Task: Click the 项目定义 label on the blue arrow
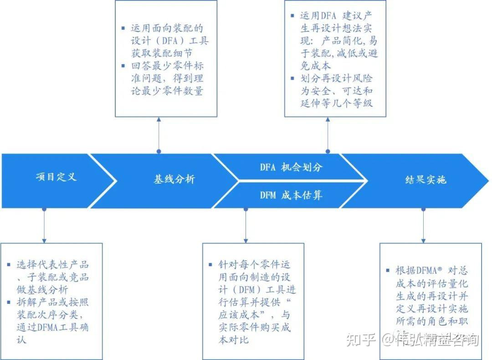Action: (56, 177)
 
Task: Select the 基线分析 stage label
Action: (174, 180)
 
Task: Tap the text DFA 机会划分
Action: (291, 167)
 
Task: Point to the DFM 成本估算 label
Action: (291, 195)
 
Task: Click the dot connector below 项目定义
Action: (44, 209)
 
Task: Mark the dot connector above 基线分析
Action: (159, 151)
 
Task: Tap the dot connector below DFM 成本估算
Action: (246, 209)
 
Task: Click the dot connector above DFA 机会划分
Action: (328, 151)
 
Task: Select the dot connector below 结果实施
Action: (423, 209)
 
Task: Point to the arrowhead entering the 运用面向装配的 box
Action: (159, 119)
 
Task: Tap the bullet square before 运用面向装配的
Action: (123, 28)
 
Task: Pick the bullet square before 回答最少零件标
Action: (123, 66)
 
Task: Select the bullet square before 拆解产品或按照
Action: (9, 302)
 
